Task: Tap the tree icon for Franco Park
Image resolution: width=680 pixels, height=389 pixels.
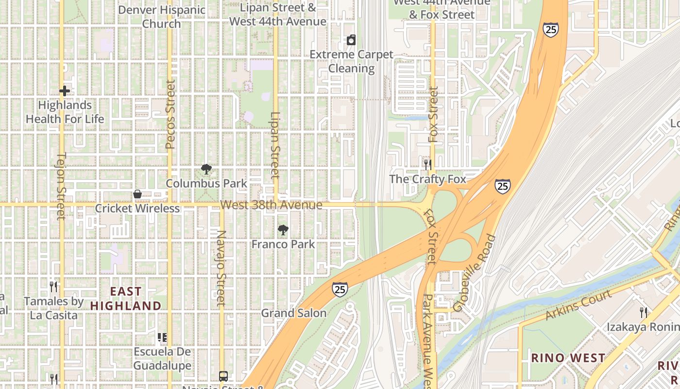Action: (283, 230)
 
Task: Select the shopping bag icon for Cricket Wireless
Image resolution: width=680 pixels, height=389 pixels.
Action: (137, 194)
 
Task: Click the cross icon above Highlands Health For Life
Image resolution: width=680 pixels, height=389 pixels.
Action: (65, 91)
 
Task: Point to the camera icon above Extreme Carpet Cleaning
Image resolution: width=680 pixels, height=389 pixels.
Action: (351, 40)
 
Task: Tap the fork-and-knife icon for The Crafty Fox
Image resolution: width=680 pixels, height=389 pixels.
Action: (427, 165)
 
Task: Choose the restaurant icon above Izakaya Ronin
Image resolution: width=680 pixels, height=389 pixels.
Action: (644, 312)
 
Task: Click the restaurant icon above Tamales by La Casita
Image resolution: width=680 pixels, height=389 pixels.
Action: (53, 287)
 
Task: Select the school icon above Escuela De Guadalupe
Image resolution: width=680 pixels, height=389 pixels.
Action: (162, 337)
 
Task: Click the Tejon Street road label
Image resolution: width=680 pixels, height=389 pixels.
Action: (61, 186)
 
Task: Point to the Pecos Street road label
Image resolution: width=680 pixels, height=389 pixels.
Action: (170, 114)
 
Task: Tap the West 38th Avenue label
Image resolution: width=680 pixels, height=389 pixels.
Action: (271, 205)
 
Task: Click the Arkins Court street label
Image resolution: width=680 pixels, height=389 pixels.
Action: (578, 305)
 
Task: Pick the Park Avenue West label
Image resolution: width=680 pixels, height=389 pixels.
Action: (427, 340)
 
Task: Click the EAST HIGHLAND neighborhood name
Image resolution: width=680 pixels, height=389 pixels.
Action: (126, 299)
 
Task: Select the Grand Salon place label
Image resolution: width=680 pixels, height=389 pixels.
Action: (294, 313)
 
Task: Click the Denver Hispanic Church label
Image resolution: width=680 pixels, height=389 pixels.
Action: (162, 17)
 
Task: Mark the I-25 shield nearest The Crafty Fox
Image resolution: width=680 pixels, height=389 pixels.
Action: (503, 186)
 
